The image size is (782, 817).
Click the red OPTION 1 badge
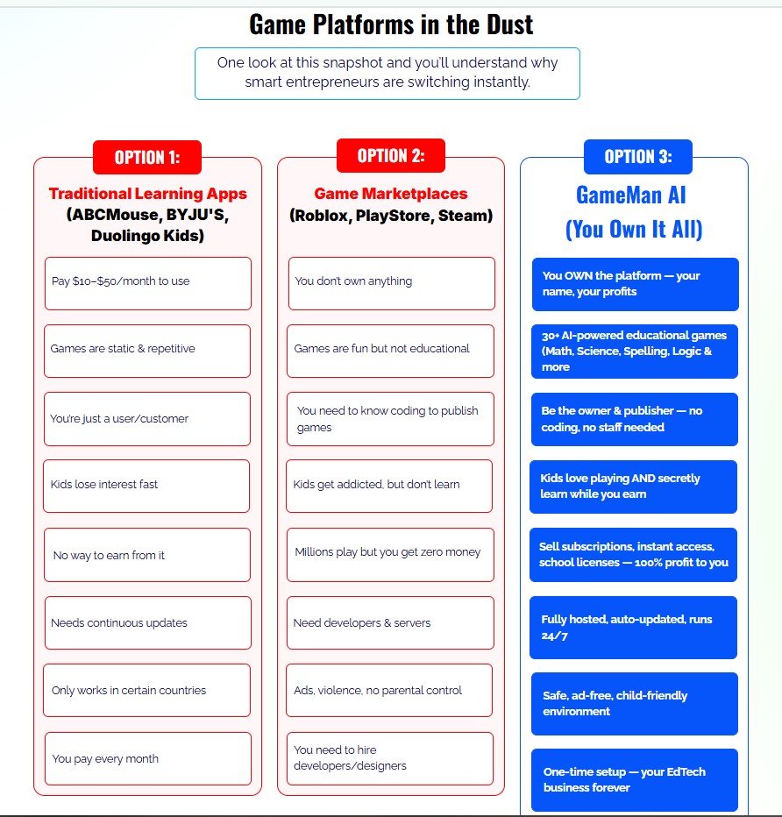point(147,158)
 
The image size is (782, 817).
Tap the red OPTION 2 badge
point(391,156)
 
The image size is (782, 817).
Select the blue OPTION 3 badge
point(638,157)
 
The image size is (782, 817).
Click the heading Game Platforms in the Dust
point(391,24)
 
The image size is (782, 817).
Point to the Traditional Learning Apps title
point(147,194)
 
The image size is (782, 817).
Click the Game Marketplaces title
point(391,194)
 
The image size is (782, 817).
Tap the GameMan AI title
point(634,194)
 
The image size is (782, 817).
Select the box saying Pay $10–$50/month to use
point(147,282)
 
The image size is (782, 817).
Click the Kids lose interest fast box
point(146,485)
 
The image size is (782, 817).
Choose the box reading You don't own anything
point(391,282)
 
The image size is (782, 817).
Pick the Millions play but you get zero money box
point(389,552)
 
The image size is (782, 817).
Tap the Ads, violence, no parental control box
point(390,691)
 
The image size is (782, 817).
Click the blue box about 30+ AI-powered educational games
point(635,351)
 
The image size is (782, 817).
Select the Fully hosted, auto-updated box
point(633,627)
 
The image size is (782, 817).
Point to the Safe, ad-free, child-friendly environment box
point(634,703)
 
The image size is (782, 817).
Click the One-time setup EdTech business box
point(635,779)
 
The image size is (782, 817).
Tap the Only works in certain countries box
point(146,691)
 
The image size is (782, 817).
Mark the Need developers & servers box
point(390,623)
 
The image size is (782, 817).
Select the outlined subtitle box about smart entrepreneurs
point(387,73)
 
